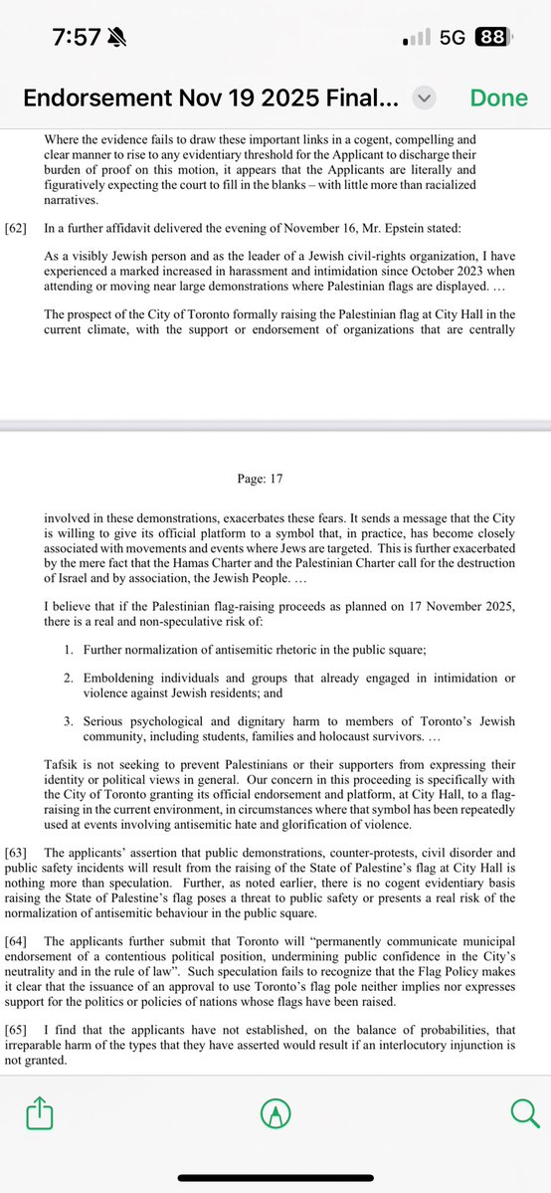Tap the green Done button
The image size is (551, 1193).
click(499, 99)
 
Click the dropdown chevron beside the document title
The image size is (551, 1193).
click(425, 99)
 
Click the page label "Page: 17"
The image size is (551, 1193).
click(261, 479)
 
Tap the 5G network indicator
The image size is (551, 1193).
click(453, 38)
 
